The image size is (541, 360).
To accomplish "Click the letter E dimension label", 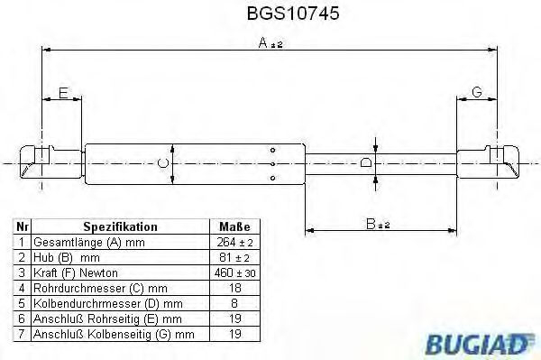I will (62, 93).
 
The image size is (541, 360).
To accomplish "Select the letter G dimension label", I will (478, 93).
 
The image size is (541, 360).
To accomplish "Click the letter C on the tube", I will (161, 162).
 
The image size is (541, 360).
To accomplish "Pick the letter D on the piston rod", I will (365, 162).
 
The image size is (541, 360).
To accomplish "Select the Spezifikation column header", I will (120, 227).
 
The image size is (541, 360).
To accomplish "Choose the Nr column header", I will (23, 227).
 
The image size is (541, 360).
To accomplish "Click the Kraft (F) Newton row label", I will (75, 273).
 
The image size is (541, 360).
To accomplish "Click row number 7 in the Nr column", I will (23, 334).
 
